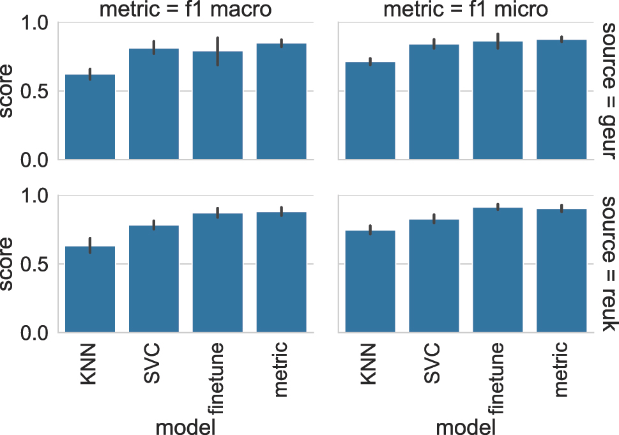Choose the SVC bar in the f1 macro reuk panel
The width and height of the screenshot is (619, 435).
pos(154,279)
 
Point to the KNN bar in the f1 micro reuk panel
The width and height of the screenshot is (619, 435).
pos(370,282)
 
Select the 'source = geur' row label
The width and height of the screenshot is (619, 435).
pos(608,91)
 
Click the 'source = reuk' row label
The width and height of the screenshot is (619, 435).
pos(608,263)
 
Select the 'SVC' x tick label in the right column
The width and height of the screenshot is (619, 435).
pos(434,360)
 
